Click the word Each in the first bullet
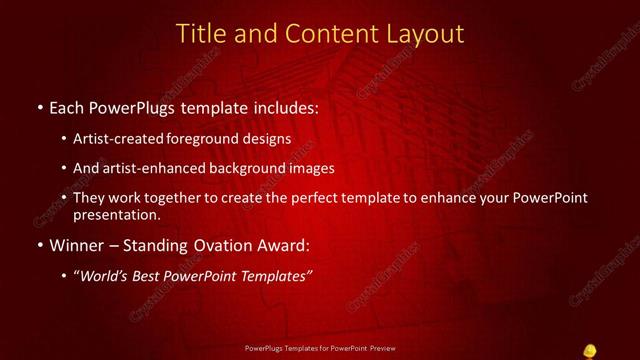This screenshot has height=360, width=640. (67, 107)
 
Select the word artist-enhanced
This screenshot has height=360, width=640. (147, 168)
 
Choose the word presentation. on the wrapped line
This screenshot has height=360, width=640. (116, 214)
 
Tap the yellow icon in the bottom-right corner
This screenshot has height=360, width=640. (590, 350)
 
